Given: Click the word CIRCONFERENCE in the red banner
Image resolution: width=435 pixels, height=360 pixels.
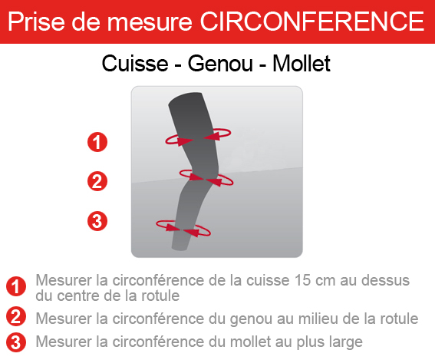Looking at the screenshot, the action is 312,21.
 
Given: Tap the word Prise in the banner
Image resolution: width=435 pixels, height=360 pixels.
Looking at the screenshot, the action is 36,21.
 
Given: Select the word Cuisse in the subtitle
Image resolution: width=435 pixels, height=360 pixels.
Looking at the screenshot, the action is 135,64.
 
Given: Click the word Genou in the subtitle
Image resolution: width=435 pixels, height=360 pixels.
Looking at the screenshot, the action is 220,64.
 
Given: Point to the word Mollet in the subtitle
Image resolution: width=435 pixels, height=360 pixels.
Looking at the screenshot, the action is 302,64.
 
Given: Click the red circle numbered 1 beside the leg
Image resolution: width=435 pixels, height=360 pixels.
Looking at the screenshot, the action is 97,142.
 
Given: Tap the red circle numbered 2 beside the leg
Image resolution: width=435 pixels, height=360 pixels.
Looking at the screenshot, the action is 97,181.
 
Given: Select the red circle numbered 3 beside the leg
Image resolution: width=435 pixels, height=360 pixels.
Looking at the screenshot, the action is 97,221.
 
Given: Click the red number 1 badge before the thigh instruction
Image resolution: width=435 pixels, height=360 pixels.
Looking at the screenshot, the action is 16,286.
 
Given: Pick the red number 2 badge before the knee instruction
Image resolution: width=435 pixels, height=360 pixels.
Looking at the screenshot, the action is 16,316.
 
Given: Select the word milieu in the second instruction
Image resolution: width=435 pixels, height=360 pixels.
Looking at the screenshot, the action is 318,319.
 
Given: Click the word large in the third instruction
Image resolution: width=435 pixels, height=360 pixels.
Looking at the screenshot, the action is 346,342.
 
